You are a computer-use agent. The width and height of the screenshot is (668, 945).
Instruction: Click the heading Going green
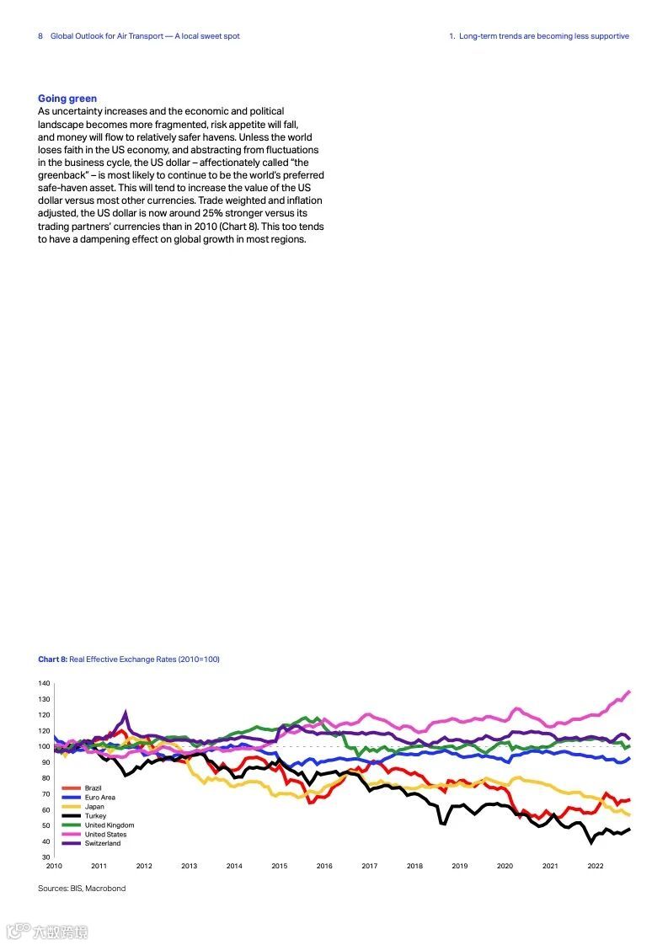pos(67,99)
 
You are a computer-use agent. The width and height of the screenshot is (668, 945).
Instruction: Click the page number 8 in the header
pos(40,36)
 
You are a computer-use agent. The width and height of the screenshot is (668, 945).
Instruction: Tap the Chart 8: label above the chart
pos(52,659)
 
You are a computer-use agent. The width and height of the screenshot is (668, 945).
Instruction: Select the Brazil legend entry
pos(93,787)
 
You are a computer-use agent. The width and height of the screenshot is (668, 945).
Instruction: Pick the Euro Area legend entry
pos(99,797)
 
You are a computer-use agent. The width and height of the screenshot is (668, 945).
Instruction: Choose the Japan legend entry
pos(94,806)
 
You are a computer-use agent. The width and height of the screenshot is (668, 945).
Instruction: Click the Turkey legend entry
pos(95,815)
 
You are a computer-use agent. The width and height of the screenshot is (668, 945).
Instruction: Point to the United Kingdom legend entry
pos(109,825)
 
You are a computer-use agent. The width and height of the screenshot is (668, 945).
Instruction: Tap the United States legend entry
pos(105,834)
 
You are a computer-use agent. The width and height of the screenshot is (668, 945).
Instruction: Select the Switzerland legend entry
pos(102,843)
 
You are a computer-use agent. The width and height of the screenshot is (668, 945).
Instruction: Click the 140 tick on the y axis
pos(45,683)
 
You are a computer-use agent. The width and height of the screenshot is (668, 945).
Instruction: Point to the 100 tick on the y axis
pos(45,746)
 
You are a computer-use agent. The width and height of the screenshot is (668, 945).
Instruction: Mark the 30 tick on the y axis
pos(46,857)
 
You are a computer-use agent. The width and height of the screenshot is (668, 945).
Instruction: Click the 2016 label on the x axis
pos(324,866)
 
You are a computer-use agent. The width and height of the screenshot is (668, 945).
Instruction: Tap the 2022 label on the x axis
pos(595,866)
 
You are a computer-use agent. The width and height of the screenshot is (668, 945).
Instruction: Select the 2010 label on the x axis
pos(54,866)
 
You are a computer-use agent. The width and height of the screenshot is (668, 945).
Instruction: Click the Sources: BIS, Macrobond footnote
pos(82,889)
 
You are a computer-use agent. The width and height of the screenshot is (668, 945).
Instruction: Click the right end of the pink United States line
pos(628,691)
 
